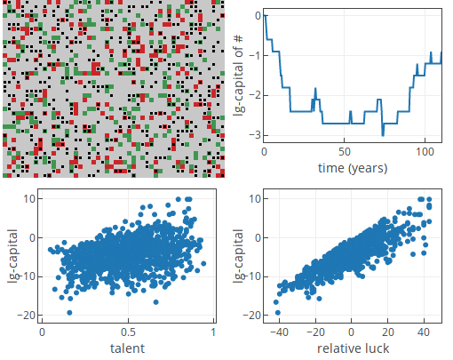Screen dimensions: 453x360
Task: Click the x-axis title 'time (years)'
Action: (x=353, y=168)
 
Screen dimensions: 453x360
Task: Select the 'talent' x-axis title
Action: (x=128, y=348)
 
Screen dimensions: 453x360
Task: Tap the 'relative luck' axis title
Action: (x=353, y=348)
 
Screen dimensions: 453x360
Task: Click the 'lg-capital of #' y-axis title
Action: (x=239, y=76)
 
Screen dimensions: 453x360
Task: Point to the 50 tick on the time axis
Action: (x=345, y=152)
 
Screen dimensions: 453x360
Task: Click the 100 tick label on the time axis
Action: (x=425, y=152)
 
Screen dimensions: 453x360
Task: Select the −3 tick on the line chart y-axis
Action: (x=255, y=135)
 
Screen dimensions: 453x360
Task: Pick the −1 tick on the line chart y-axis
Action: (x=255, y=55)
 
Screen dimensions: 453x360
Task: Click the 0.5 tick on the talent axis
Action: (x=128, y=332)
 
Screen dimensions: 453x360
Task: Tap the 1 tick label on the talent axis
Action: (x=213, y=332)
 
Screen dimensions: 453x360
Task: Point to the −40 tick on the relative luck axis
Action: (x=279, y=332)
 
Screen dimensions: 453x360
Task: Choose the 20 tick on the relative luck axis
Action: (x=388, y=332)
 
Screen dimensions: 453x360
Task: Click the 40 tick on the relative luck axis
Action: (x=424, y=332)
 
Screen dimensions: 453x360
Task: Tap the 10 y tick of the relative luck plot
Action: (x=255, y=199)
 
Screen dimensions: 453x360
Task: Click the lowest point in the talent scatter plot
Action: (x=69, y=313)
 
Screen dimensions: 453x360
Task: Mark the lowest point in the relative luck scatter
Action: (x=278, y=313)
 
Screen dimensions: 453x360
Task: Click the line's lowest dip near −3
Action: (x=383, y=135)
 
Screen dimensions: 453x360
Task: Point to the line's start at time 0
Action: (x=265, y=15)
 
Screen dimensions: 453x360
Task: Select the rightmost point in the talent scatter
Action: (x=203, y=263)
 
